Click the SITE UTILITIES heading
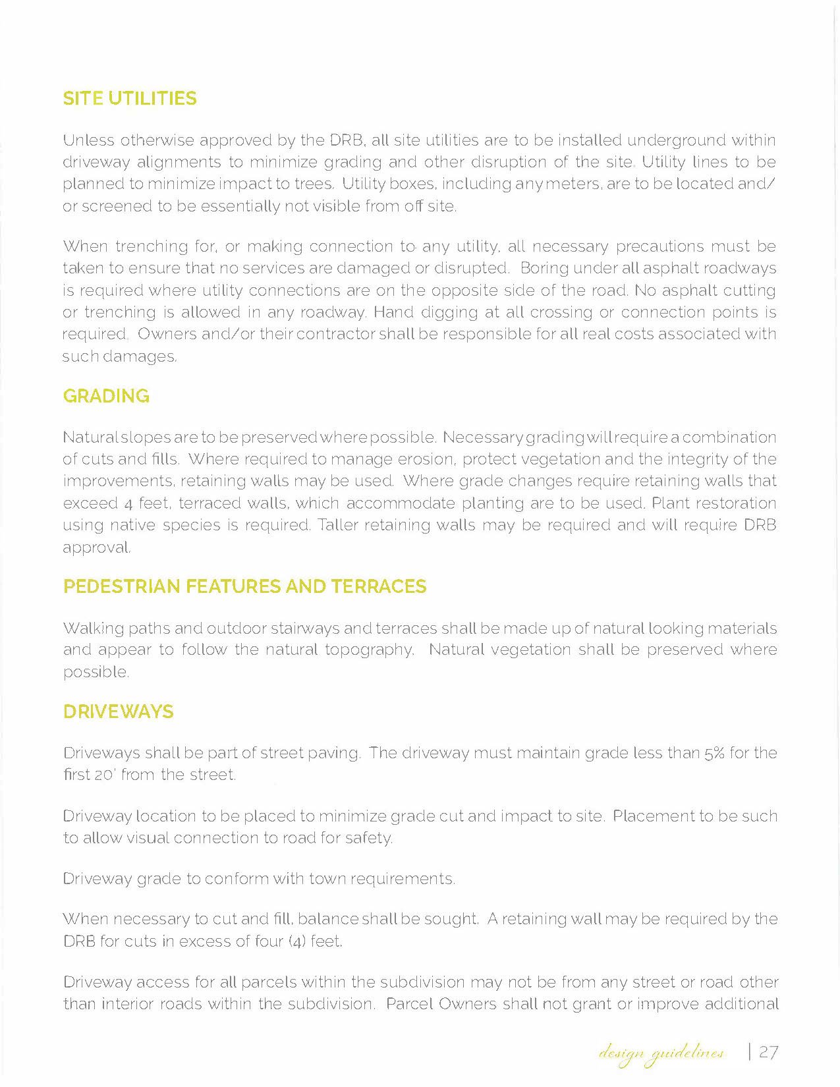click(x=130, y=99)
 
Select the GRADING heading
click(x=106, y=396)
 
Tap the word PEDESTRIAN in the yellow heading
click(x=121, y=586)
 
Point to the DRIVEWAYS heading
click(x=119, y=711)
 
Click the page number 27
click(x=768, y=1051)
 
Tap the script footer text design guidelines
click(x=661, y=1053)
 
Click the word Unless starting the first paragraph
click(x=88, y=140)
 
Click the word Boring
click(x=544, y=268)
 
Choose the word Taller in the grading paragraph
click(x=337, y=525)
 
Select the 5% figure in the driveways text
click(x=714, y=753)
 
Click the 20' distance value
click(x=103, y=775)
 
